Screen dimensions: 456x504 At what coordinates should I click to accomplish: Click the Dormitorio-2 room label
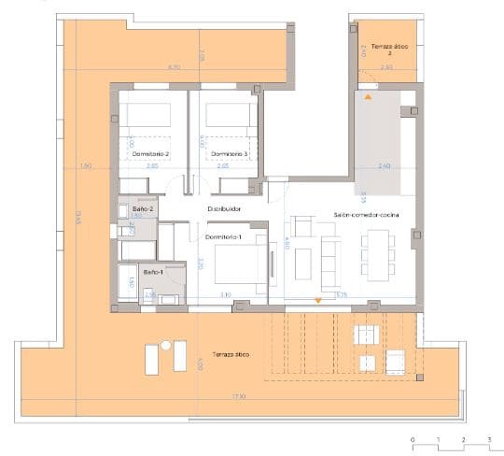click(149, 153)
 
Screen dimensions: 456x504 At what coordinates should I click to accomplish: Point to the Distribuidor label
click(225, 209)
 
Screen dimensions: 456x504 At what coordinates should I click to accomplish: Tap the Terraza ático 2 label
click(386, 49)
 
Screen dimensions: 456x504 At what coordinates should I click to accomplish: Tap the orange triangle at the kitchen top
click(369, 96)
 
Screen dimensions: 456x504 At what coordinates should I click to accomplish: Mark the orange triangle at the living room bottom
click(318, 300)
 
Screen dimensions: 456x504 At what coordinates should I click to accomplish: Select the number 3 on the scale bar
click(488, 437)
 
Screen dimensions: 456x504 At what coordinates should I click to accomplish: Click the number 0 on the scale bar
click(412, 437)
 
